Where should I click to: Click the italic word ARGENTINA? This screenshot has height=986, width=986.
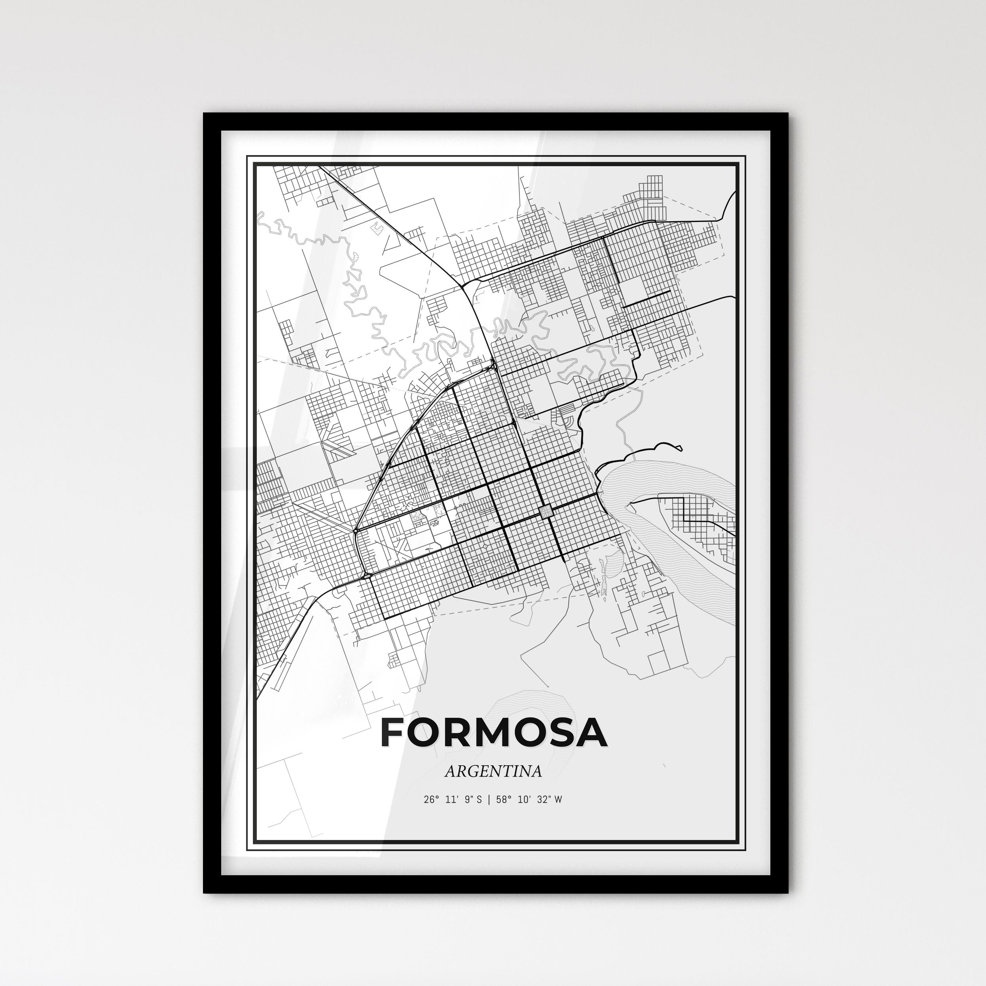point(493,771)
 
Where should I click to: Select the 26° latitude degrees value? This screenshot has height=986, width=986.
point(431,800)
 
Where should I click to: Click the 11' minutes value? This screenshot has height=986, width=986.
point(453,800)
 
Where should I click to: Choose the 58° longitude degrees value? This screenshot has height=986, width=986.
point(504,800)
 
